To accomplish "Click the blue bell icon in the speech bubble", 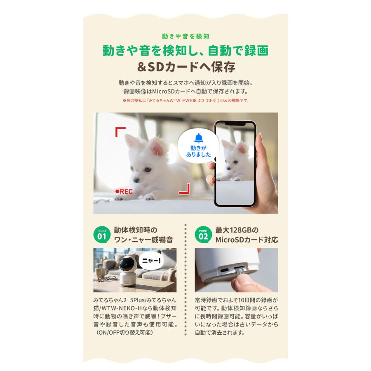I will tap(198, 138).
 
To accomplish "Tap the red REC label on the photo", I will tap(124, 191).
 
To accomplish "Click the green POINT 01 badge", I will tap(102, 235).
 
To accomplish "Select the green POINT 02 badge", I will tap(203, 235).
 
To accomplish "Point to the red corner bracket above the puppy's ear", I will tap(120, 132).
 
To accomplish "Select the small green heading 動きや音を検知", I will tap(185, 36).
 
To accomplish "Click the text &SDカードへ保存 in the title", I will tap(185, 67).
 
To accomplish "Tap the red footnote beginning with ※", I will tap(185, 100).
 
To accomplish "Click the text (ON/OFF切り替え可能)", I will tap(124, 332).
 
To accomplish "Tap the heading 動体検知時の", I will tap(136, 230).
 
